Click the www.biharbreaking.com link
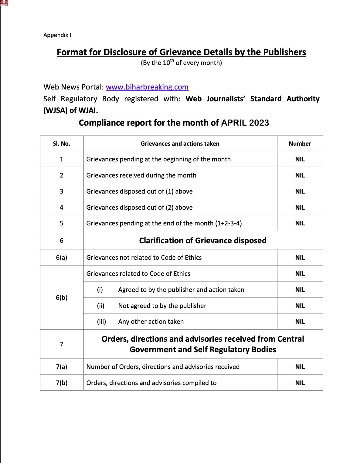[x=147, y=87]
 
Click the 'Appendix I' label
[x=57, y=35]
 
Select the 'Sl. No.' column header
[x=62, y=144]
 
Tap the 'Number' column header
[x=300, y=144]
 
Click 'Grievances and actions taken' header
[x=180, y=144]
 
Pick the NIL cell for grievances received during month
[x=300, y=175]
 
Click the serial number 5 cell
[x=62, y=223]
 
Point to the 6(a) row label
[x=62, y=258]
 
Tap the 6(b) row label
[x=62, y=297]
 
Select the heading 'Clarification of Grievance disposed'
[x=203, y=241]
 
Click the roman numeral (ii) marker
[x=101, y=306]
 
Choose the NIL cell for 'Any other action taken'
[x=300, y=322]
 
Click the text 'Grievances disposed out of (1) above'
[x=139, y=191]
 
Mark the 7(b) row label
[x=62, y=383]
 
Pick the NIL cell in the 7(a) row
[x=300, y=367]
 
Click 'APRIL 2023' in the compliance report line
[x=245, y=123]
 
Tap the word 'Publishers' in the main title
[x=284, y=52]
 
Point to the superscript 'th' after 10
[x=172, y=60]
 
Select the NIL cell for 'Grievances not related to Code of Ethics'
[x=300, y=258]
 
